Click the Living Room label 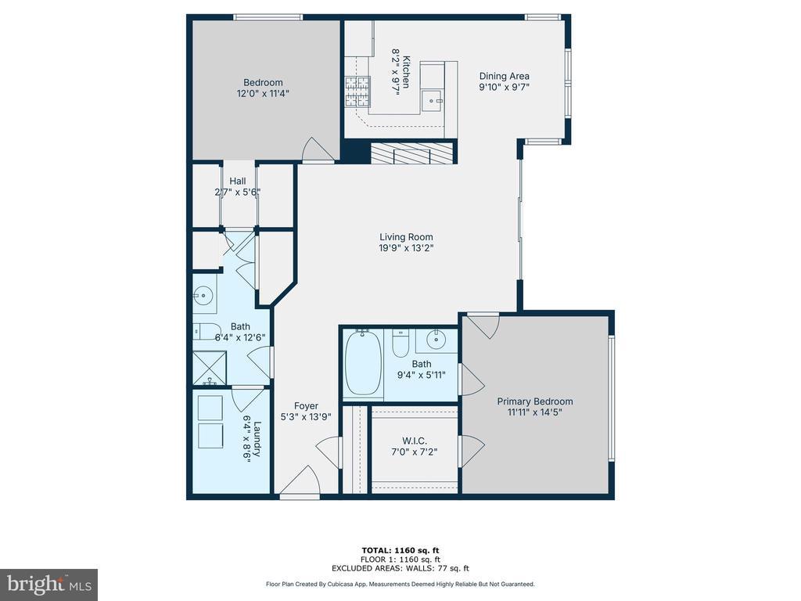(406, 237)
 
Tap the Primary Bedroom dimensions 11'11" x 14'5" (535, 412)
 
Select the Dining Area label (505, 76)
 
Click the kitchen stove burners (357, 91)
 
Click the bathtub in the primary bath (363, 363)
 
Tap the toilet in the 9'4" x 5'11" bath (400, 344)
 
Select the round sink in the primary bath (436, 340)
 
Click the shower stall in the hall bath (209, 367)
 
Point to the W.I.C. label (415, 441)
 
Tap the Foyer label (306, 406)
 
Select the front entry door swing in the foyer (300, 480)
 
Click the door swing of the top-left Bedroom (319, 149)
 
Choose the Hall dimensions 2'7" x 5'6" (238, 193)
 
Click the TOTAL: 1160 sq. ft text (400, 550)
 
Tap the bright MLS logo (49, 585)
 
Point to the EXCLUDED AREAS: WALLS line (400, 568)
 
